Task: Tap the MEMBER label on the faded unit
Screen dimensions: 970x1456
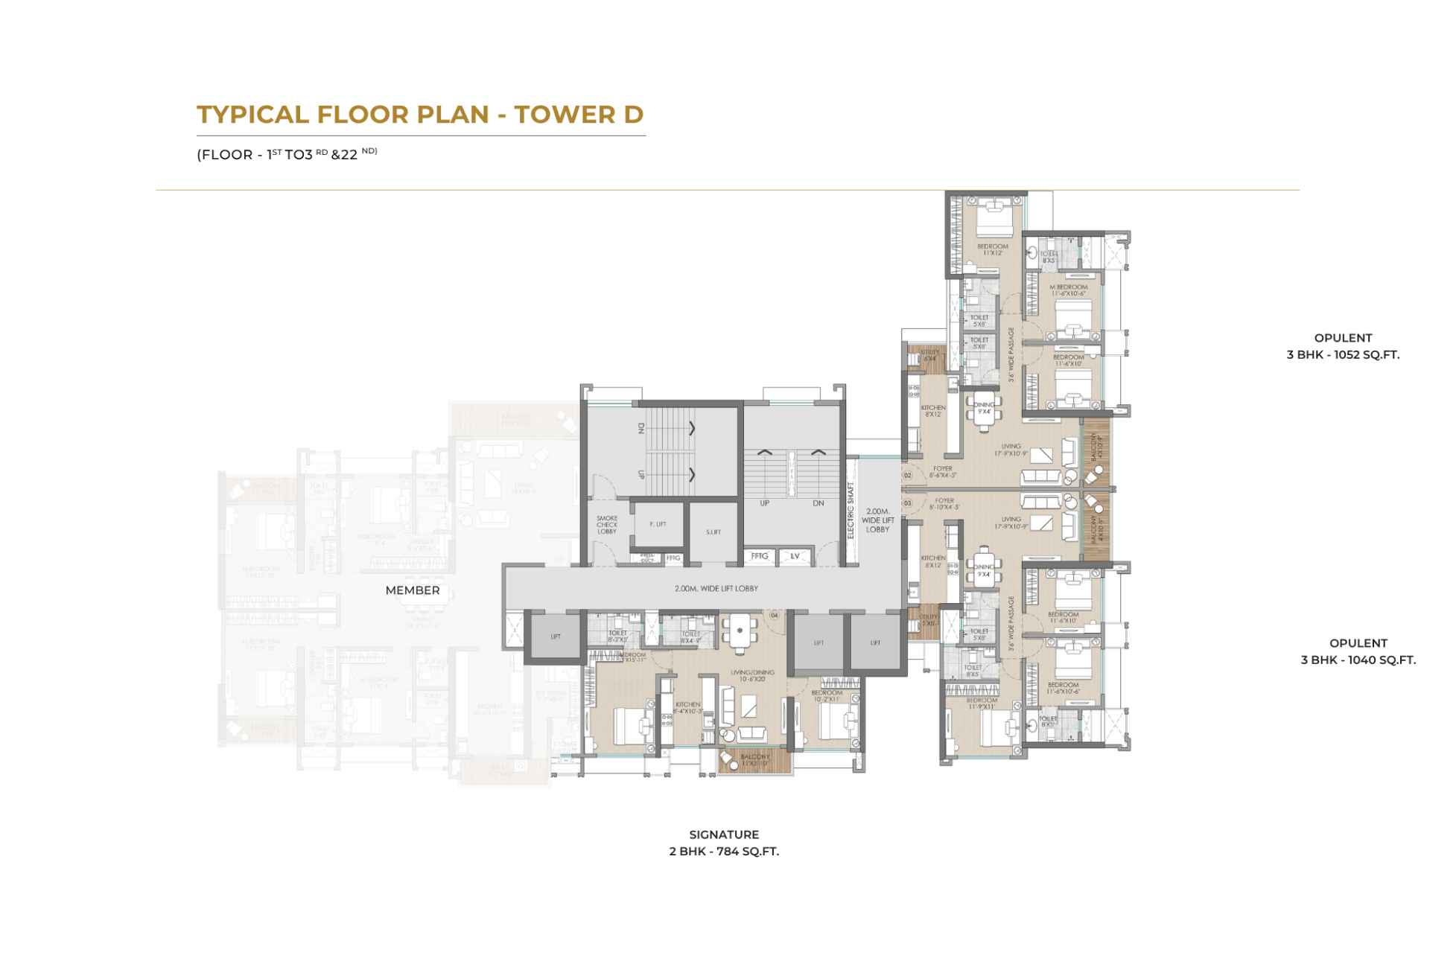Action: tap(412, 590)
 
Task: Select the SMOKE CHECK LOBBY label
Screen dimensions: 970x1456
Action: tap(606, 525)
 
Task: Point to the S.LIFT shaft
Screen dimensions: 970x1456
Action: tap(713, 532)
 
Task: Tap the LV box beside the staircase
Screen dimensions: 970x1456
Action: tap(795, 556)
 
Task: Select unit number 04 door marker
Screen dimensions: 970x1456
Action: tap(774, 616)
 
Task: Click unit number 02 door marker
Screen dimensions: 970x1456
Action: tap(907, 475)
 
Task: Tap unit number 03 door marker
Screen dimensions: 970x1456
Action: tap(907, 504)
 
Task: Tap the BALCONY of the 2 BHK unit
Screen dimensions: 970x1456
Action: tap(754, 760)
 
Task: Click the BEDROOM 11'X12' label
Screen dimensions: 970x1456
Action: tap(992, 249)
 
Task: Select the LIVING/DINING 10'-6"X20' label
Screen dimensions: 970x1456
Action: tap(752, 674)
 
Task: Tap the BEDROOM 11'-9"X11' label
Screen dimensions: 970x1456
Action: tap(982, 703)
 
